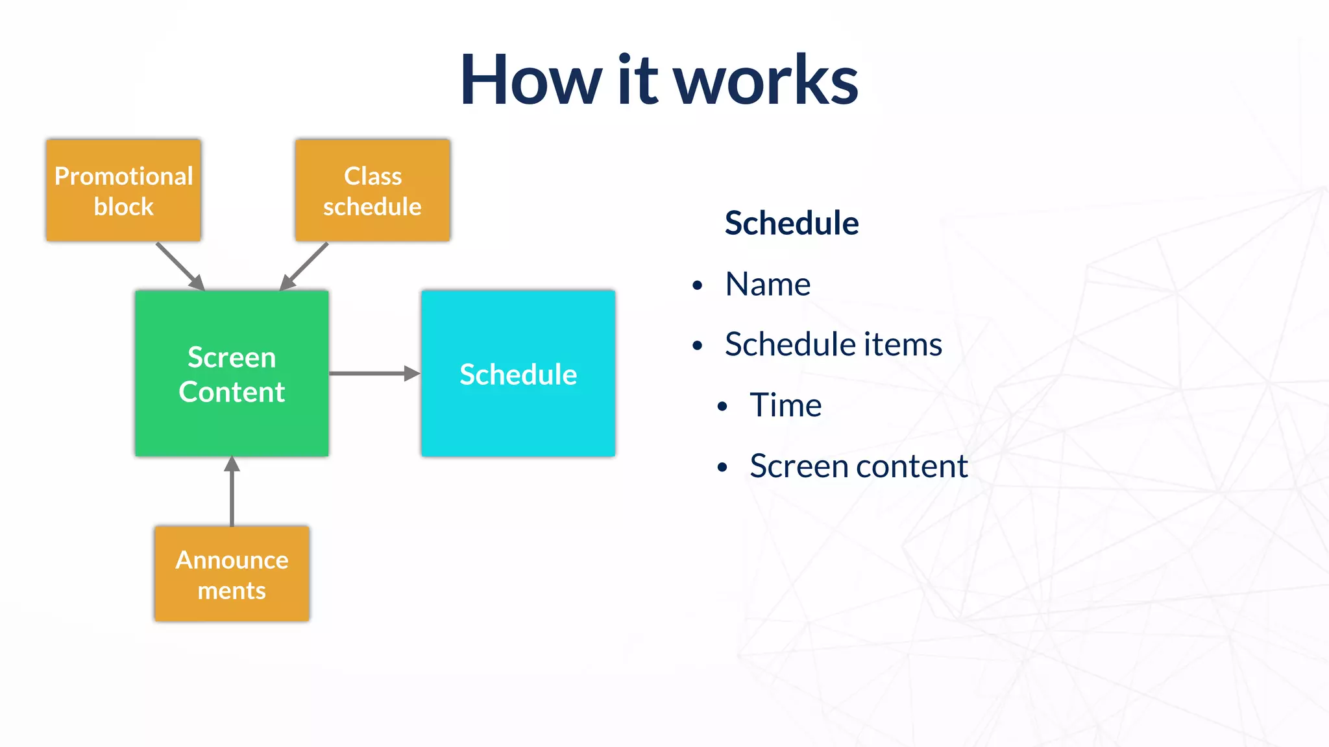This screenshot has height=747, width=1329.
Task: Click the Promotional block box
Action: coord(123,191)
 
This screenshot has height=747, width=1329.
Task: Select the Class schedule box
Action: coord(372,191)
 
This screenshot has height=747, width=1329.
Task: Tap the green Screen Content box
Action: coord(232,373)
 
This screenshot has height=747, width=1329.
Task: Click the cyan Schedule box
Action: coord(518,373)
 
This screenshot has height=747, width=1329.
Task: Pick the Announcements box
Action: coord(232,574)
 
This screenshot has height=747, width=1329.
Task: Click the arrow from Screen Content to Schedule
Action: coord(374,373)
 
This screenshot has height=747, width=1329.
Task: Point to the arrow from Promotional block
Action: coord(179,266)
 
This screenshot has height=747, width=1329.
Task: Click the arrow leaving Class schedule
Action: coord(305,266)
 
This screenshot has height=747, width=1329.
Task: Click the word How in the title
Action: coord(531,80)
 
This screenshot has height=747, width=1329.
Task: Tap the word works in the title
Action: coord(766,80)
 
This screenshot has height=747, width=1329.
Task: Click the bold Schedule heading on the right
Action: coord(792,223)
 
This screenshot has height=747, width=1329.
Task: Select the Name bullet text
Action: coord(768,284)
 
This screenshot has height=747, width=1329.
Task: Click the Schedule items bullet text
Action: coord(833,344)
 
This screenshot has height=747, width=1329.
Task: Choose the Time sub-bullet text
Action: coord(785,405)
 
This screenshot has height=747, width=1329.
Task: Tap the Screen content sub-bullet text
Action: coord(859,466)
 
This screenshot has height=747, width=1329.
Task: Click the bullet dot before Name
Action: coord(698,285)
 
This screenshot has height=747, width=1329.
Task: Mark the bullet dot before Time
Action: coord(722,407)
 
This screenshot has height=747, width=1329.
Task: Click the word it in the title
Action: coord(638,80)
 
